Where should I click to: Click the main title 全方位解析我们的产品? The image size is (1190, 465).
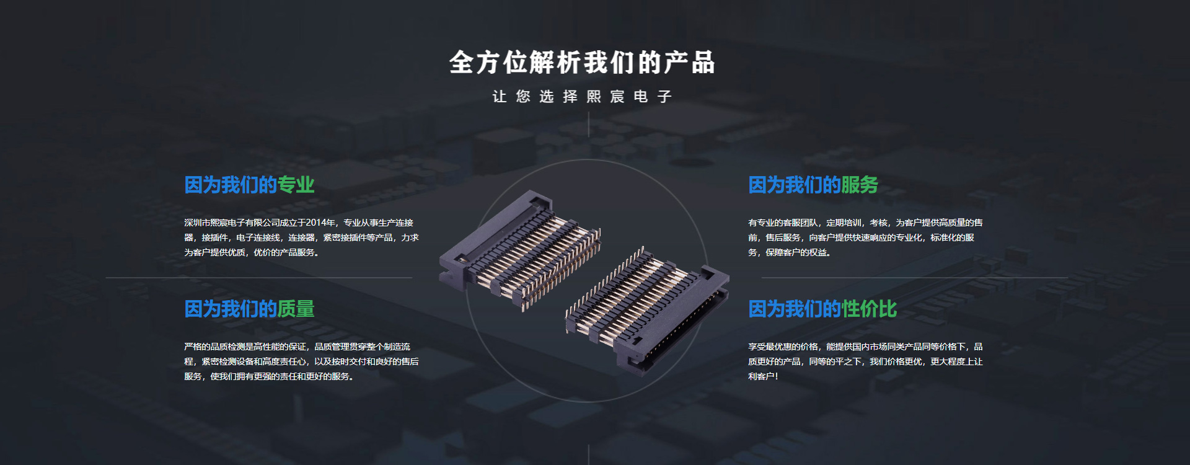[582, 63]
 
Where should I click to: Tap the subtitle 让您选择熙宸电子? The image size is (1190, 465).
[582, 96]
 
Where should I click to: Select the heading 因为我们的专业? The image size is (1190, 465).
[249, 185]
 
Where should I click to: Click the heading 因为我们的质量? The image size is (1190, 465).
[249, 309]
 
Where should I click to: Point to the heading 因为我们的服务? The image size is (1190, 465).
[813, 185]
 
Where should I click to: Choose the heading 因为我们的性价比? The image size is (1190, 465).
[822, 309]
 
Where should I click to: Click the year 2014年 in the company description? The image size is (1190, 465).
[321, 223]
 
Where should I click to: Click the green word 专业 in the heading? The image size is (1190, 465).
[296, 185]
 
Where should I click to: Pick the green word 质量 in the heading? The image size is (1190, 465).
[296, 309]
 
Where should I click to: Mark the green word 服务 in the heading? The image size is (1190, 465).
[860, 185]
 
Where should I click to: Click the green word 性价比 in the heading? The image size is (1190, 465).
[869, 309]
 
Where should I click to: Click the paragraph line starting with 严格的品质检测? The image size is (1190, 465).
[297, 347]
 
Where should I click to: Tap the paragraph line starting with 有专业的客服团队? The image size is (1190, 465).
[865, 223]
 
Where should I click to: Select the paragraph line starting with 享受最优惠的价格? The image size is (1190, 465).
[865, 347]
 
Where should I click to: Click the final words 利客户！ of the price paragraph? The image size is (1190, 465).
[763, 376]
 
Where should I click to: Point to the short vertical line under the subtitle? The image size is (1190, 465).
[588, 124]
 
